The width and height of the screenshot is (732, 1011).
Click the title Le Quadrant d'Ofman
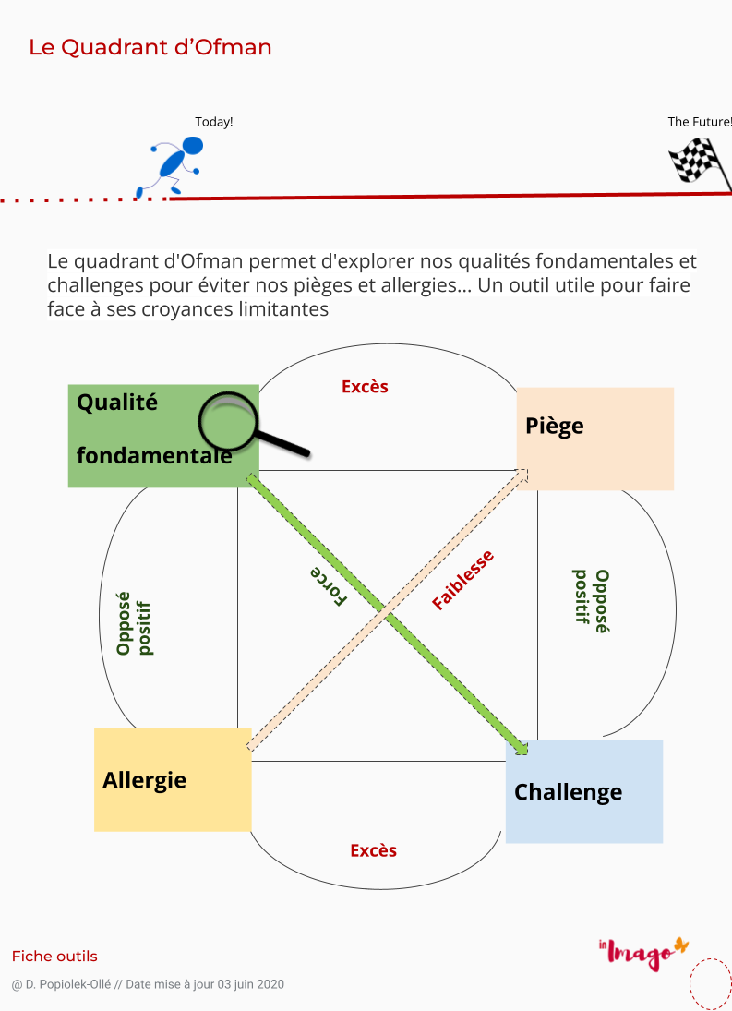click(x=150, y=47)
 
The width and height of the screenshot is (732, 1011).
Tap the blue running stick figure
click(x=172, y=165)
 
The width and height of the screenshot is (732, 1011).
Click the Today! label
click(x=214, y=122)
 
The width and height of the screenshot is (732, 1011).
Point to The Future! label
click(x=700, y=122)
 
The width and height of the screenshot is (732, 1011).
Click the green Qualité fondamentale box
click(x=163, y=436)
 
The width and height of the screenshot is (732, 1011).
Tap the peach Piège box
click(x=595, y=439)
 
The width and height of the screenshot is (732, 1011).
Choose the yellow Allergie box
click(x=173, y=780)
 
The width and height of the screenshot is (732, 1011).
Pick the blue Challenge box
click(x=584, y=792)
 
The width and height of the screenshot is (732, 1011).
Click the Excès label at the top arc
click(x=365, y=387)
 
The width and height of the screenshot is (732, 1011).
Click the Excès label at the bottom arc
click(x=374, y=850)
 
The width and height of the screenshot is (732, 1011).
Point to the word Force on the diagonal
click(x=329, y=586)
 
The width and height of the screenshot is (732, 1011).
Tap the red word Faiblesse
click(x=462, y=581)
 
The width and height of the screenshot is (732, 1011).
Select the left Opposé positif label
click(x=134, y=624)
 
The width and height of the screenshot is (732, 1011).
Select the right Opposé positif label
click(x=592, y=601)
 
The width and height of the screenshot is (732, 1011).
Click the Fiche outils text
click(x=54, y=957)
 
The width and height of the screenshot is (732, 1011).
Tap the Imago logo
click(x=643, y=952)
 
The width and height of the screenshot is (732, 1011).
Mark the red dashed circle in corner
click(x=712, y=984)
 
